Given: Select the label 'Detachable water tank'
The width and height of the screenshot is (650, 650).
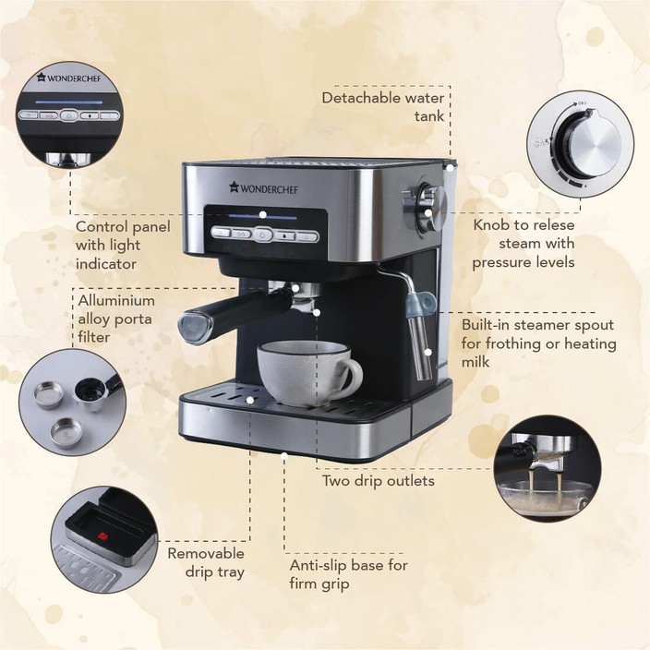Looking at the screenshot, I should (384, 107).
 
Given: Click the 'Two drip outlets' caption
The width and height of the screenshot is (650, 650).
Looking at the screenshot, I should (378, 481).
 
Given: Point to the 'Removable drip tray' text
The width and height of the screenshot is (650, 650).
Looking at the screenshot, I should (205, 562).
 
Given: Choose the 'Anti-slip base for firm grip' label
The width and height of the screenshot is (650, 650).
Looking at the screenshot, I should (348, 573).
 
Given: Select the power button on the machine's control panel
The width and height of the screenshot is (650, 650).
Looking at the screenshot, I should (261, 235).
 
